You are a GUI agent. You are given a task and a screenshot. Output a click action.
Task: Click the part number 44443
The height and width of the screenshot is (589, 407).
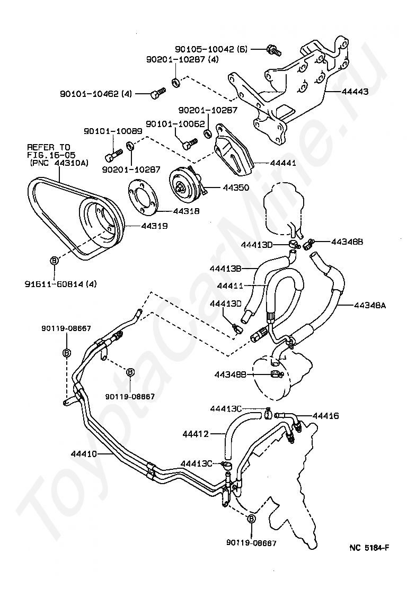pos(355,92)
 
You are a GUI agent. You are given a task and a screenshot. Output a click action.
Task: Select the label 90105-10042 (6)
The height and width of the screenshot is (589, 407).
pos(211,49)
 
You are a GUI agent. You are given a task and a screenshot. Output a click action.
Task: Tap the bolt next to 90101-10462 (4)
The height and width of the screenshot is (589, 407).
pos(157,93)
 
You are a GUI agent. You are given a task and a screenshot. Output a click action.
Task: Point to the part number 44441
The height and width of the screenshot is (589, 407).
pos(282,163)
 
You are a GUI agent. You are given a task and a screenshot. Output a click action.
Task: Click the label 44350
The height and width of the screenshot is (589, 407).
pos(236,188)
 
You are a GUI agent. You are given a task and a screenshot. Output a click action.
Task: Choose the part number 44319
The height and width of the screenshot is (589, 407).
pos(154,226)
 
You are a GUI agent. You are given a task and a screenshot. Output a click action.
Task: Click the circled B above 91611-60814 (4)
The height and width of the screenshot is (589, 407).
pos(54,260)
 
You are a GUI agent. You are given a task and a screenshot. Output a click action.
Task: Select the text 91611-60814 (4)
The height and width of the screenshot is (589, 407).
pos(60,284)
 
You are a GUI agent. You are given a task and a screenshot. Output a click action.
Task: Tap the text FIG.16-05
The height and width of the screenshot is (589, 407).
pos(51,155)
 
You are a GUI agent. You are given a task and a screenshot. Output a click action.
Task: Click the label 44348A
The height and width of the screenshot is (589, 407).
pos(370,306)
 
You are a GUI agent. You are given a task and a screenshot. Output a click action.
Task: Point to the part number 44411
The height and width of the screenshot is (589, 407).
pos(230,286)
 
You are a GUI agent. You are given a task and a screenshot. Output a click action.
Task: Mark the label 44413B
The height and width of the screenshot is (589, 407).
pos(225,269)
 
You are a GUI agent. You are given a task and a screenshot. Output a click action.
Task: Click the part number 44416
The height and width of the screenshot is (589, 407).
pos(326,415)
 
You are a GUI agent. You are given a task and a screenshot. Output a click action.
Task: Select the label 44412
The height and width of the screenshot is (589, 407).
pos(196,434)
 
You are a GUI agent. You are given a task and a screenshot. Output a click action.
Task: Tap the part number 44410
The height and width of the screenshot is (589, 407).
pos(84,454)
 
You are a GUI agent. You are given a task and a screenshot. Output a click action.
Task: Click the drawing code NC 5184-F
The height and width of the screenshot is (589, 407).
pos(369,547)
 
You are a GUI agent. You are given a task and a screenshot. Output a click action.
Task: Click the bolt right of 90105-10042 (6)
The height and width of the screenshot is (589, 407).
pos(273,50)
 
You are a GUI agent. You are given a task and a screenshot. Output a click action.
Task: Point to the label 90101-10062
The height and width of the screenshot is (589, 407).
pos(175,123)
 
